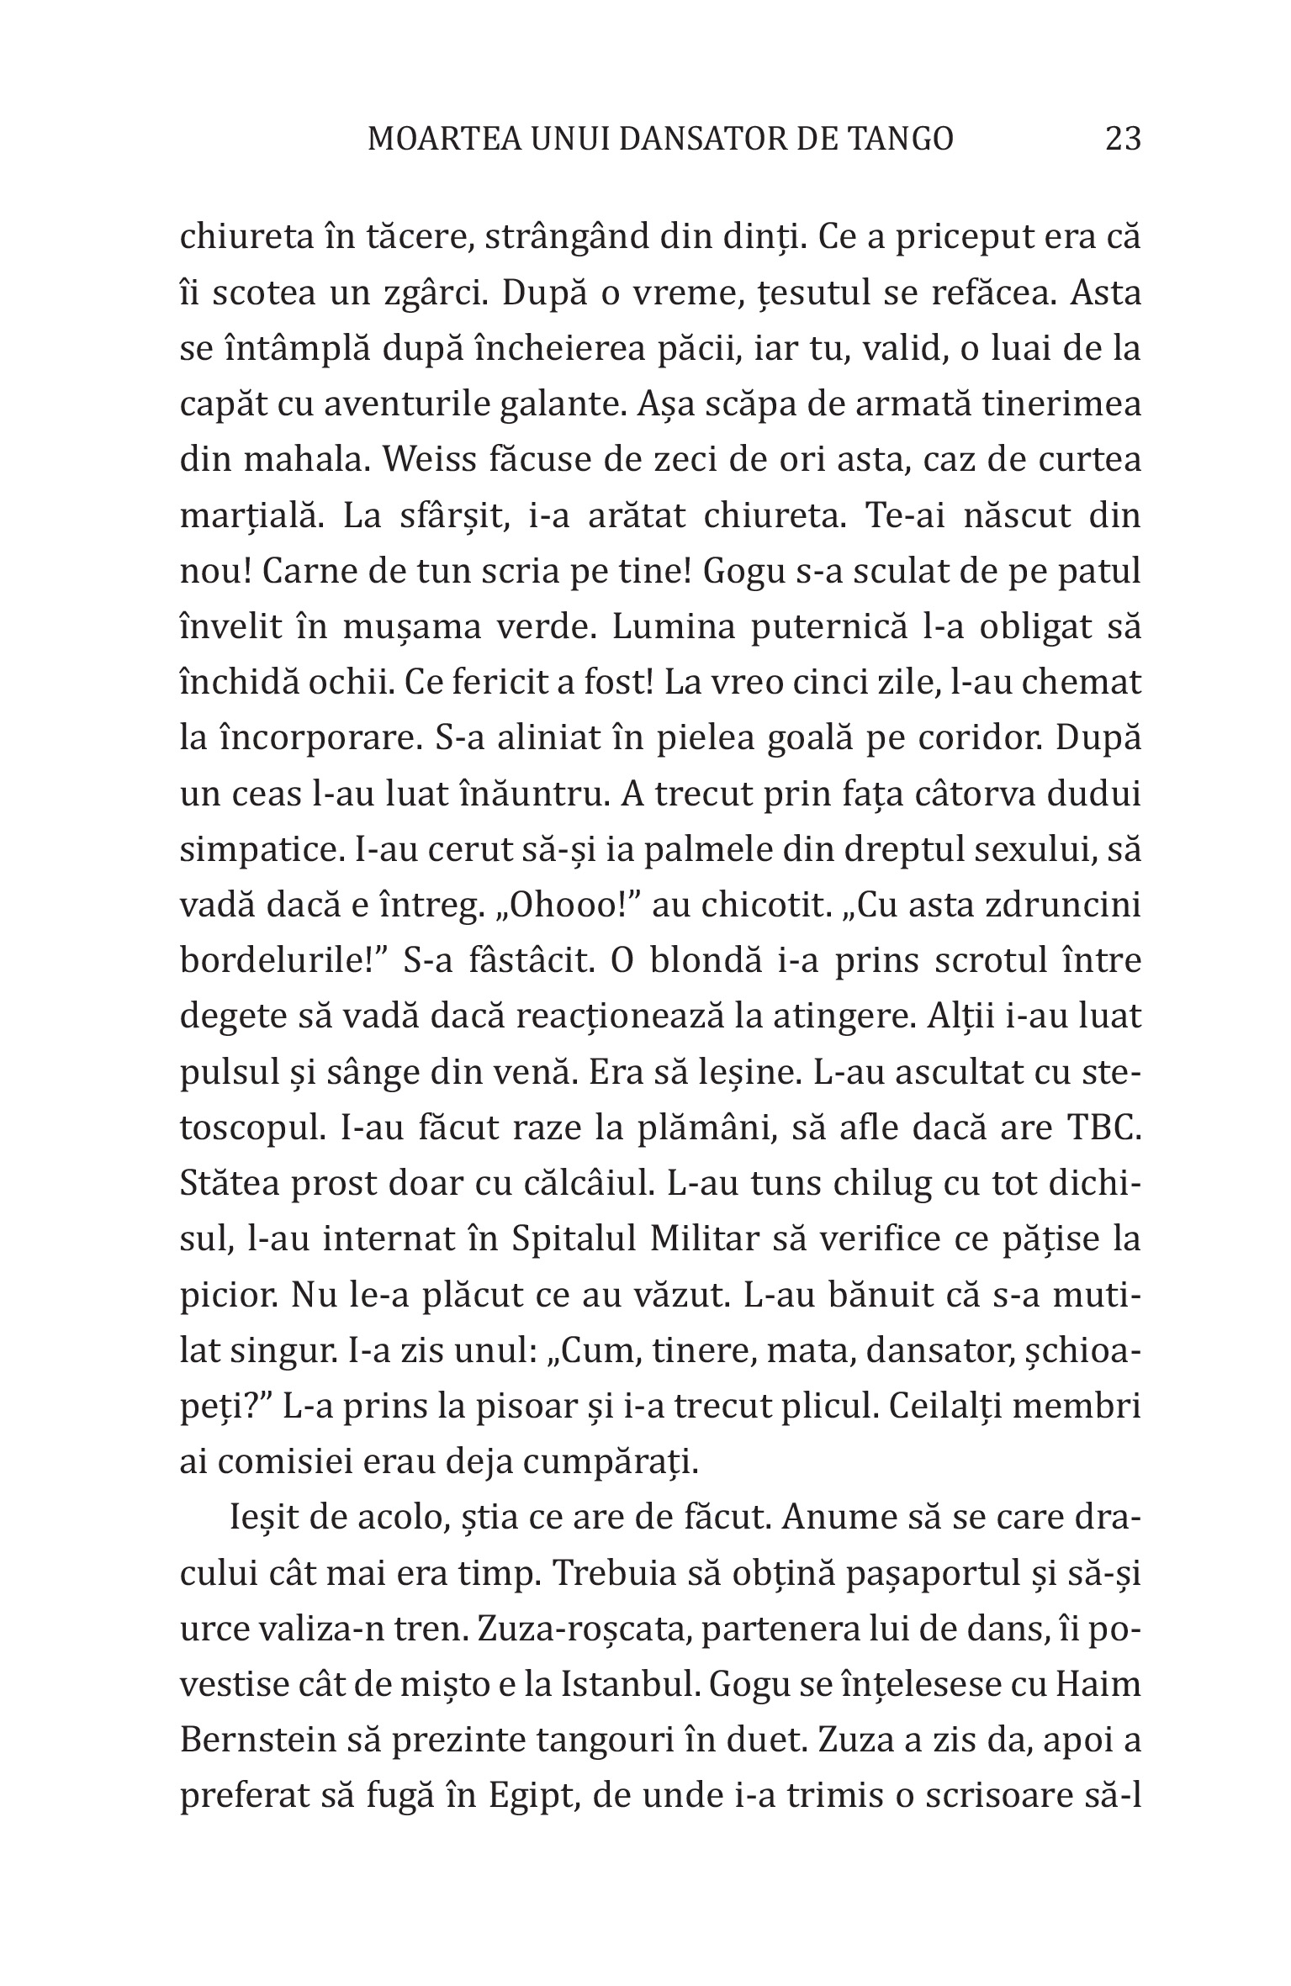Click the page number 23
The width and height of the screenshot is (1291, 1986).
coord(1123,138)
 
